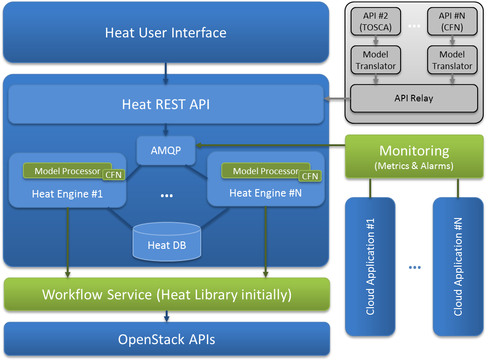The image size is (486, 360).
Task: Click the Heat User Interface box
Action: point(166,32)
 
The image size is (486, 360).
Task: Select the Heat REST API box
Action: point(166,104)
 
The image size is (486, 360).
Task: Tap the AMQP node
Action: point(166,150)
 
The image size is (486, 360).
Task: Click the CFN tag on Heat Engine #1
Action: point(113,176)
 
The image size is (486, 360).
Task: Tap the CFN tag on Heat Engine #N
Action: point(310,176)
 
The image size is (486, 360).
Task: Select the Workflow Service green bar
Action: point(167,294)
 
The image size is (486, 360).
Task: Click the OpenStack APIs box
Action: point(167,339)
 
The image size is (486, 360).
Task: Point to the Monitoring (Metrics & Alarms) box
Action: point(414,156)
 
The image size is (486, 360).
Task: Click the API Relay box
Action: point(414,99)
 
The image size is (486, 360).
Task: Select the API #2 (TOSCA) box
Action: point(376,21)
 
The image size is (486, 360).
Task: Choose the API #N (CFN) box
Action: point(452,21)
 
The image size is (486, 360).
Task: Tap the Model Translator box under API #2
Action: point(376,60)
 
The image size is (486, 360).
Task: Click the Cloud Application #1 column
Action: point(370,266)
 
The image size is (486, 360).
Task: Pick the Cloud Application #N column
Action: point(458,266)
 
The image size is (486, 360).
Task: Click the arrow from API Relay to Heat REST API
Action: point(337,99)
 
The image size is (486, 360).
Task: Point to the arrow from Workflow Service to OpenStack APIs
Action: point(167,316)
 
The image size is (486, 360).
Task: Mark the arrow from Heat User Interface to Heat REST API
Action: point(166,73)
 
